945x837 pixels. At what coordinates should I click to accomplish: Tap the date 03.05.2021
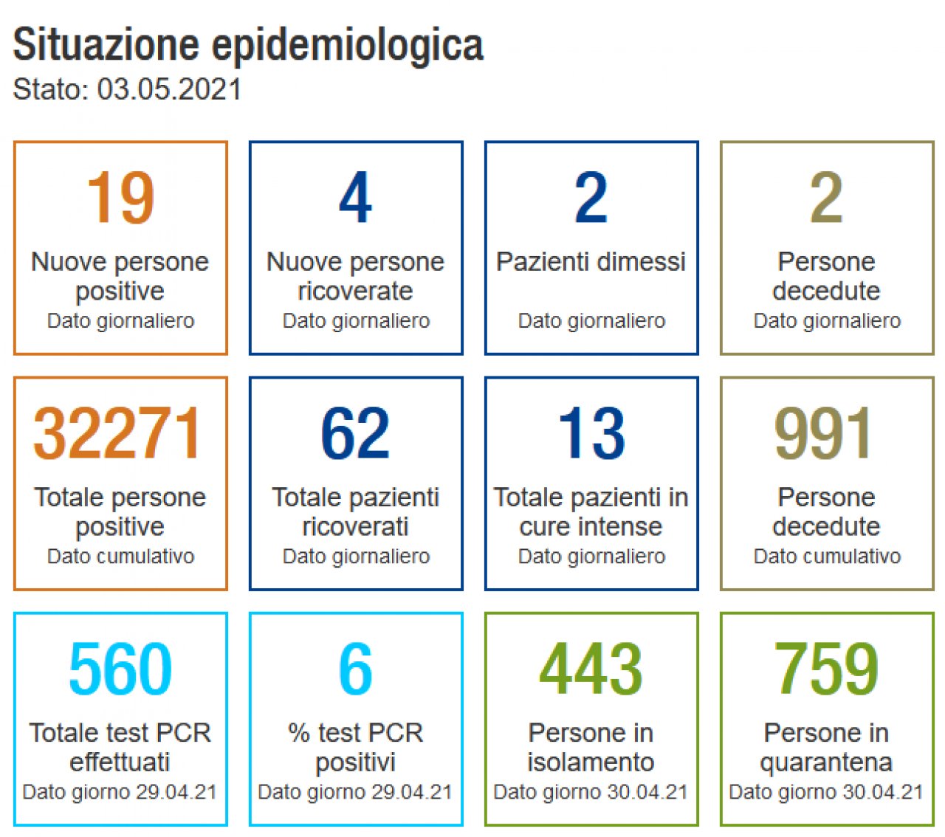[x=169, y=89]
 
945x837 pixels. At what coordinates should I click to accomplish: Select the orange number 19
[x=120, y=197]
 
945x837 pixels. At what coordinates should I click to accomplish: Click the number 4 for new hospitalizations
[x=355, y=197]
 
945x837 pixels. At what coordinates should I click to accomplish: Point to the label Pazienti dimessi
[x=591, y=261]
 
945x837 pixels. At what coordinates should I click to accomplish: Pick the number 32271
[x=118, y=433]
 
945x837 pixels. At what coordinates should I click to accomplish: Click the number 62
[x=355, y=433]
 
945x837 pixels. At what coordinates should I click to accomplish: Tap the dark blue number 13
[x=591, y=433]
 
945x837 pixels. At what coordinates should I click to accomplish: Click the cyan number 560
[x=120, y=669]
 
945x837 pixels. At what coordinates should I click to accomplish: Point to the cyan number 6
[x=355, y=669]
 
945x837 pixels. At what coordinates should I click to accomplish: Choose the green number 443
[x=591, y=669]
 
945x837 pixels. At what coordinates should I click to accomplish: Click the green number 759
[x=826, y=669]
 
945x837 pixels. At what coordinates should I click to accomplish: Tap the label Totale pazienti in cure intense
[x=591, y=512]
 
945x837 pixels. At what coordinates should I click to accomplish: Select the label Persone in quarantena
[x=826, y=747]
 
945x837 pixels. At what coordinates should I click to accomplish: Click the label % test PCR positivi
[x=355, y=747]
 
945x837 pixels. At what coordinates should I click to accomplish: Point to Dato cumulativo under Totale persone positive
[x=120, y=557]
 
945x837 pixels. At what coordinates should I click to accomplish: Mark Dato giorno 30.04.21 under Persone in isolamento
[x=591, y=792]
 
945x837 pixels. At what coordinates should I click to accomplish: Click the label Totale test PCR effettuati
[x=120, y=747]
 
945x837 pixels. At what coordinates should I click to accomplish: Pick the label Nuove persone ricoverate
[x=355, y=276]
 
